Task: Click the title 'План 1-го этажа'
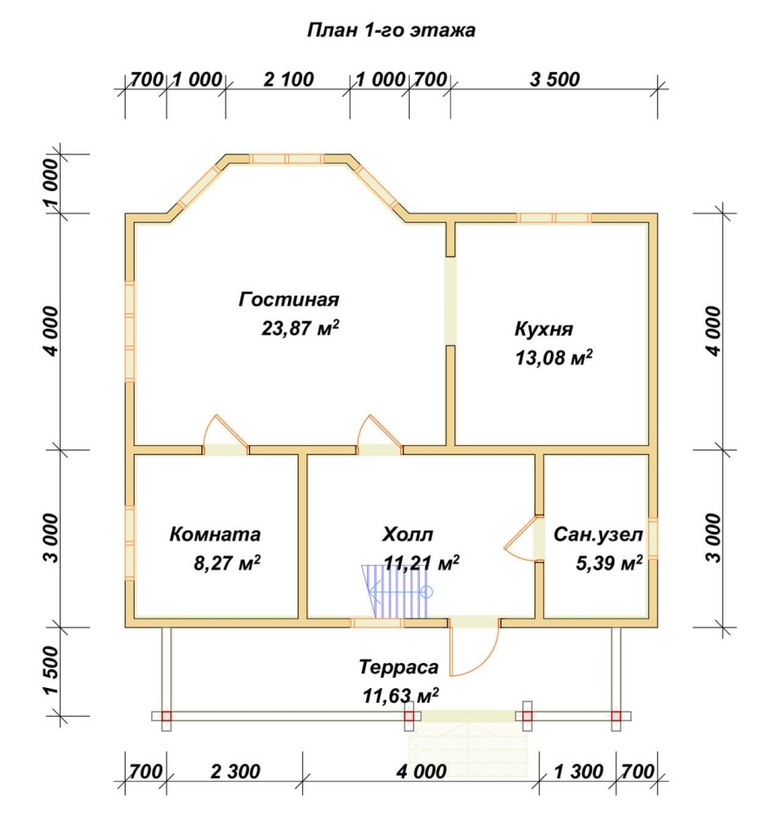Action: click(x=391, y=30)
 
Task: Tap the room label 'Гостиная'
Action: click(x=289, y=299)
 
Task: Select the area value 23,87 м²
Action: click(x=300, y=327)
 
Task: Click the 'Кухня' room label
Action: click(x=544, y=328)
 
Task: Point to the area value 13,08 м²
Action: click(x=554, y=358)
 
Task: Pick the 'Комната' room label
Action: click(x=215, y=534)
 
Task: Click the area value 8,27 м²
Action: click(x=227, y=563)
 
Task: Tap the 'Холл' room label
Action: click(x=408, y=534)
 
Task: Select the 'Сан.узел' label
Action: click(x=598, y=534)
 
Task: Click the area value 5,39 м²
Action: click(x=609, y=563)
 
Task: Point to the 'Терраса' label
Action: click(x=398, y=667)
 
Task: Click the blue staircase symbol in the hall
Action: click(x=397, y=592)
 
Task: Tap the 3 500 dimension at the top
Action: click(x=555, y=79)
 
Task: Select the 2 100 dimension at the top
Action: click(x=289, y=79)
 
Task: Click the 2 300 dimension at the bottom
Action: click(x=235, y=771)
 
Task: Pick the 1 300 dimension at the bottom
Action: click(x=579, y=771)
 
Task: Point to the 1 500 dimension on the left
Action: click(x=51, y=670)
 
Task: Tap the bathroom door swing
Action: click(x=519, y=538)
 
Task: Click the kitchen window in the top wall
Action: click(x=554, y=218)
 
